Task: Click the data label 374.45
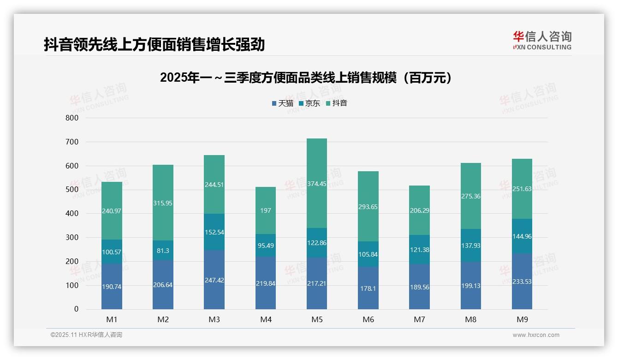[316, 183]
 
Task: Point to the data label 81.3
[163, 251]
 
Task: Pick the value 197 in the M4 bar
[265, 210]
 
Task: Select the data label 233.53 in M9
[522, 282]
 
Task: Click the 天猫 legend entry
[282, 103]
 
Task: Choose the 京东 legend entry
[309, 103]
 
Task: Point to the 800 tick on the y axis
[72, 118]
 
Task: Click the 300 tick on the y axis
[72, 237]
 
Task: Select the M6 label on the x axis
[368, 319]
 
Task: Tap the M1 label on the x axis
[112, 319]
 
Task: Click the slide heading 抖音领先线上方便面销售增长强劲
[154, 44]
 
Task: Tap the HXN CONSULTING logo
[542, 41]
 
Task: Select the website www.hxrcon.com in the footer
[535, 335]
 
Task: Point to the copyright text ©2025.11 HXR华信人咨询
[86, 335]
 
